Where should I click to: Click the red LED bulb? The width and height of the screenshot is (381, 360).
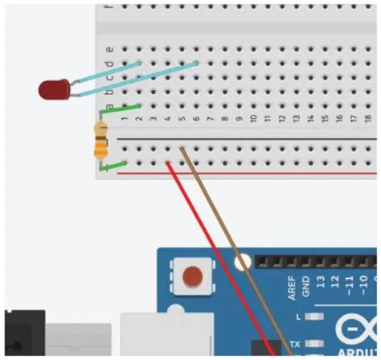click(x=54, y=88)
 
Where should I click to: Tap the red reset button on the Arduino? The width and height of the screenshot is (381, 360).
click(x=194, y=277)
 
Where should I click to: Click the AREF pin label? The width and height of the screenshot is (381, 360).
click(x=291, y=284)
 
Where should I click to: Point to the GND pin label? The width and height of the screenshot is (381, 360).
click(x=305, y=285)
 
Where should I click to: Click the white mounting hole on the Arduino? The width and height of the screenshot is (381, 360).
click(x=242, y=261)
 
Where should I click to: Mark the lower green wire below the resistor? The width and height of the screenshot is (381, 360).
click(x=117, y=166)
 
